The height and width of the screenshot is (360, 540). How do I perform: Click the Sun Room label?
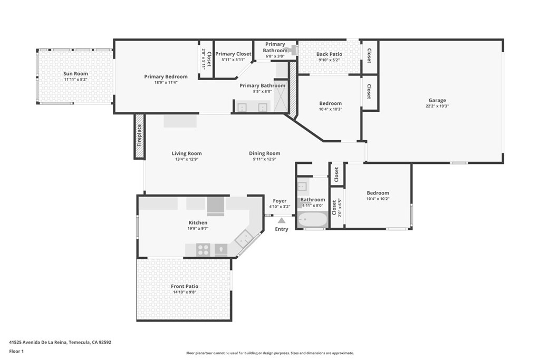click(x=75, y=73)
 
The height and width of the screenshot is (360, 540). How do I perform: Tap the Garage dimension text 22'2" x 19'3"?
click(x=437, y=106)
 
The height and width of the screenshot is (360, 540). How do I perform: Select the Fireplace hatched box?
click(x=139, y=137)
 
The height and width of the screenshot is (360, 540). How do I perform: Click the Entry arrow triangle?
click(x=282, y=220)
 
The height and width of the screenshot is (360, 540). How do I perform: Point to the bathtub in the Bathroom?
click(x=313, y=219)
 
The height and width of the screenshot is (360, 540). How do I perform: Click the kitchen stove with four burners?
click(x=203, y=249)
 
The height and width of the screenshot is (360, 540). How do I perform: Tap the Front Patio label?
click(x=185, y=286)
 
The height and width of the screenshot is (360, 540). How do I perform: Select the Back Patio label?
click(x=329, y=54)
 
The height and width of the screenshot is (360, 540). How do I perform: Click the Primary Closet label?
click(x=233, y=54)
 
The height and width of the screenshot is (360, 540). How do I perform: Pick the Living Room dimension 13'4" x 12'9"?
click(x=187, y=159)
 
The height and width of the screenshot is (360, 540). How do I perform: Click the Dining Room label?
click(x=265, y=153)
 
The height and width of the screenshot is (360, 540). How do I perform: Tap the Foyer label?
click(x=279, y=201)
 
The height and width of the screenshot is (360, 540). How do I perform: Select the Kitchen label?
click(x=198, y=222)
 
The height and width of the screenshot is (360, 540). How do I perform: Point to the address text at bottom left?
click(x=60, y=342)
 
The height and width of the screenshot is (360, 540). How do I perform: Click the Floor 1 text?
click(x=16, y=352)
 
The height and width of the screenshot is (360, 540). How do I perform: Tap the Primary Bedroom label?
click(x=166, y=76)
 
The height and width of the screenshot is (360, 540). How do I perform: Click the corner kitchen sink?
click(x=244, y=238)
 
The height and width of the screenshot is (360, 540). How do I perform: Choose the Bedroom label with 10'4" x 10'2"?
click(x=378, y=193)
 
